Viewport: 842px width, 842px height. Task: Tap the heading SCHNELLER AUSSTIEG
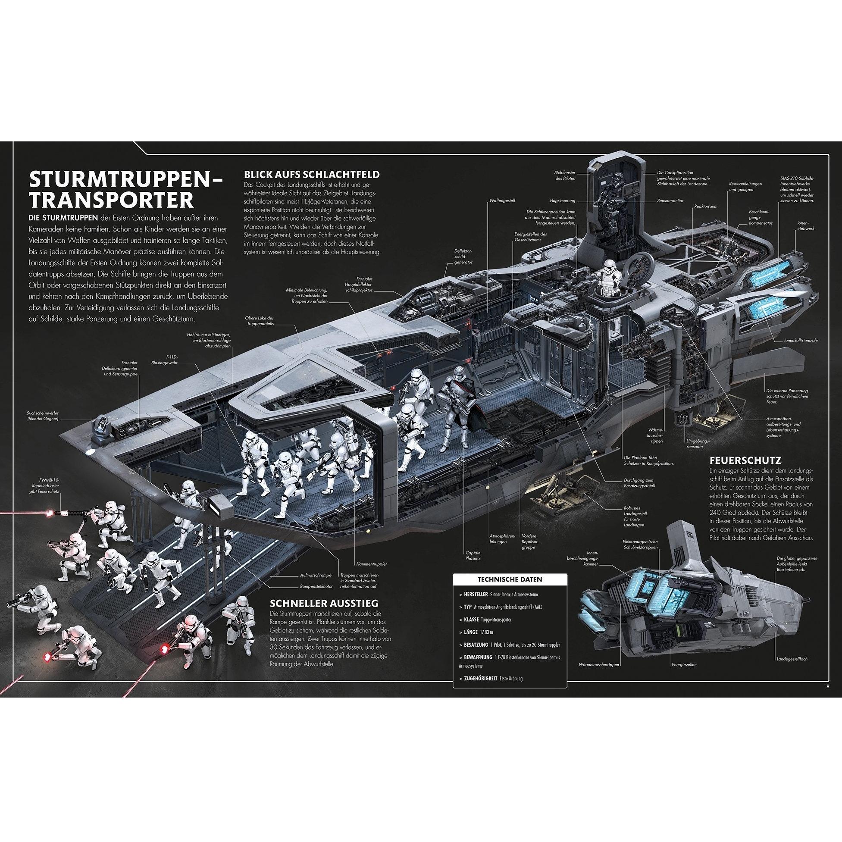[324, 603]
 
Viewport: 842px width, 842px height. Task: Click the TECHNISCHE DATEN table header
[510, 579]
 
